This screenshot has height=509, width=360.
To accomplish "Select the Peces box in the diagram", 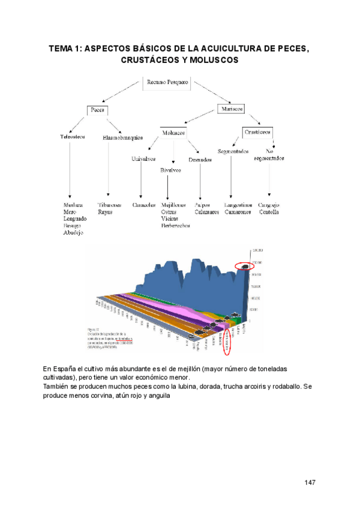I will tap(97, 110).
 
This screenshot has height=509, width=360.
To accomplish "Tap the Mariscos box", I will tap(232, 109).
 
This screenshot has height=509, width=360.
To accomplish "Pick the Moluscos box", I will tap(173, 131).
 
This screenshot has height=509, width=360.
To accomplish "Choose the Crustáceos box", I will tap(257, 131).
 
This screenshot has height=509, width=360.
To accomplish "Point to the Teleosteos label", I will tap(73, 136).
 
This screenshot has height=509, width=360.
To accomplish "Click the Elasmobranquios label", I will tap(122, 137).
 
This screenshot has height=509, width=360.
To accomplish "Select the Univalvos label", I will tap(143, 159).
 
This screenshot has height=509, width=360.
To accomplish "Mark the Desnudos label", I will tap(200, 160).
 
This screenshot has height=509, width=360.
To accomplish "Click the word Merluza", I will tap(73, 205).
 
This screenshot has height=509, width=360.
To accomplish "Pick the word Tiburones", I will tap(108, 205).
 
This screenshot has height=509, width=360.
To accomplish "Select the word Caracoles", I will tap(145, 205).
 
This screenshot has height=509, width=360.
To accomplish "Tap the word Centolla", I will tap(268, 212).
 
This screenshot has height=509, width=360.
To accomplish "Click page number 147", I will tap(310, 483).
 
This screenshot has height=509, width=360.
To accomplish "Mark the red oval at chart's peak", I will tap(245, 265).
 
